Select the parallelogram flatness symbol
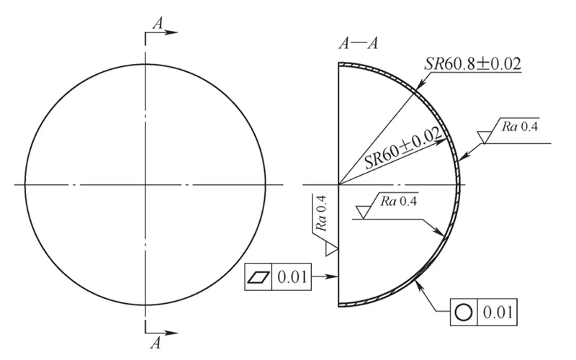coord(258,276)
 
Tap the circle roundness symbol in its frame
coord(463,313)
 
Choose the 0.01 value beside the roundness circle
coord(497,313)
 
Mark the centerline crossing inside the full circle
coord(146,185)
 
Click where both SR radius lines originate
coord(340,185)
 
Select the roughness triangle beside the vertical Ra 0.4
coord(331,248)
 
